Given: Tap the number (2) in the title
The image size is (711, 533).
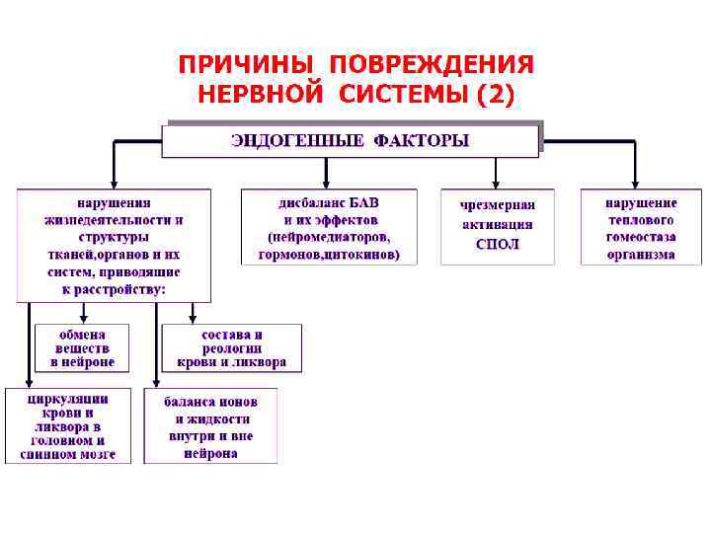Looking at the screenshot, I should click(495, 96).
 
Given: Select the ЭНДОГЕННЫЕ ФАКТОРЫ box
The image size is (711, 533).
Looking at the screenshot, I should click(351, 140).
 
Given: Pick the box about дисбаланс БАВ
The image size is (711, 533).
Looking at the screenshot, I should click(329, 227).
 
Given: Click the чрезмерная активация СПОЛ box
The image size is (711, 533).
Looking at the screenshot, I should click(497, 226).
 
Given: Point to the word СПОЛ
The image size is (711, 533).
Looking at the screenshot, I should click(497, 244).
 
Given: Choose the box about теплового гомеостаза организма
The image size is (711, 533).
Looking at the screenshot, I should click(641, 227).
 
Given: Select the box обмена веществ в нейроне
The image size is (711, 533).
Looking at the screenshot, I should click(83, 348).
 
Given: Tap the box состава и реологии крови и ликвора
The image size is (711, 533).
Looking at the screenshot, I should click(232, 348).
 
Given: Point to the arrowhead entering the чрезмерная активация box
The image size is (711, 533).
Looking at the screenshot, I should click(497, 184).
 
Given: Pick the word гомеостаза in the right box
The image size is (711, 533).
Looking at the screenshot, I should click(641, 237).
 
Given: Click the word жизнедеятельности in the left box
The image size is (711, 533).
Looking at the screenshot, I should click(114, 220).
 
